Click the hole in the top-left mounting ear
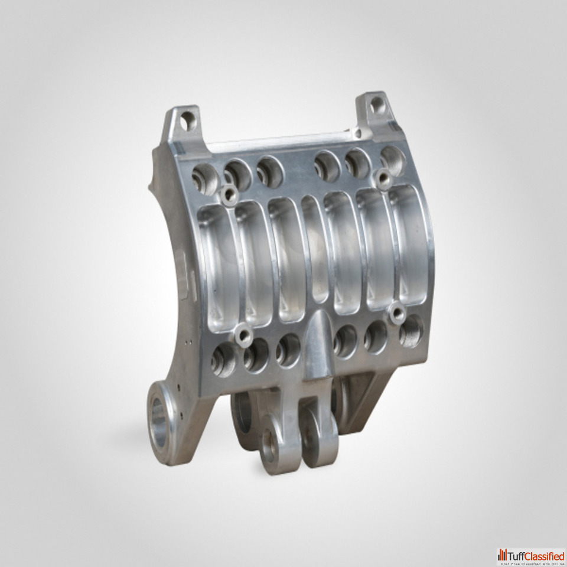(188, 120)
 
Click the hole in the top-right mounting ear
(377, 105)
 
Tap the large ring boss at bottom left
(162, 422)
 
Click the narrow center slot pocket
(315, 249)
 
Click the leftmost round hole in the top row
(206, 180)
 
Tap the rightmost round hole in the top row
(393, 161)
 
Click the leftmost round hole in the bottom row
(223, 359)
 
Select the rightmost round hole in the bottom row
(411, 331)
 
